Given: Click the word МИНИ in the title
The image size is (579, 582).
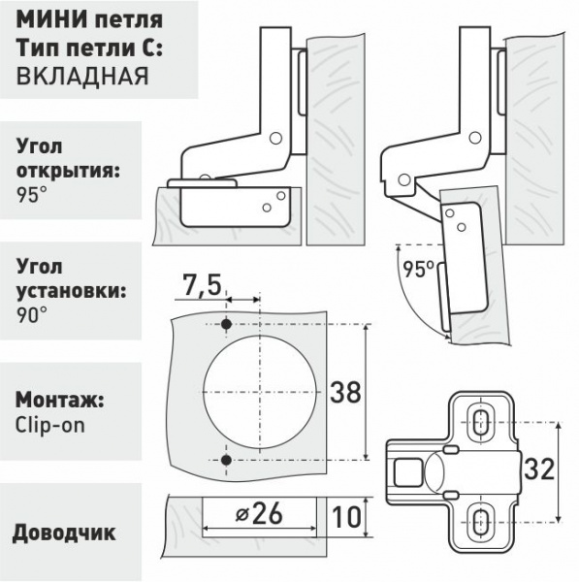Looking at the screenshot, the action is (50, 19).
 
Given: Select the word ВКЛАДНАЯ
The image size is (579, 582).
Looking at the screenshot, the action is (82, 77).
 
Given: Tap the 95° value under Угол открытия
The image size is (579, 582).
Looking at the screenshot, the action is (32, 194).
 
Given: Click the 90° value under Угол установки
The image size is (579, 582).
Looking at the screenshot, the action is (32, 315).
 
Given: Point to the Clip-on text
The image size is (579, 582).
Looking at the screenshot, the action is (50, 425).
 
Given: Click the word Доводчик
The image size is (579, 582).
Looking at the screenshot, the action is (64, 533).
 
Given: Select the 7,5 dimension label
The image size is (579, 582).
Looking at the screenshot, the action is (203, 285).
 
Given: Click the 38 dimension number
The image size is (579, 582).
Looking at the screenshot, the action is (345, 392).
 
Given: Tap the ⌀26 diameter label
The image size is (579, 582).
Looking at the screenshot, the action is (259, 514).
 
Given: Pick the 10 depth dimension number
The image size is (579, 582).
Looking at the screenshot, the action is (346, 517).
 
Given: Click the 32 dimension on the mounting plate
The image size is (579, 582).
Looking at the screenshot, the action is (539, 469).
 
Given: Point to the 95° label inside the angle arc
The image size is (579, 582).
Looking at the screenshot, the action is (419, 269).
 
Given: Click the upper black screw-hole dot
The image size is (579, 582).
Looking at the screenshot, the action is (226, 324).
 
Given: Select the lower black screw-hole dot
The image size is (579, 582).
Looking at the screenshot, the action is (226, 460).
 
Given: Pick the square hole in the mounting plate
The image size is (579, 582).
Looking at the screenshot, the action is (408, 472).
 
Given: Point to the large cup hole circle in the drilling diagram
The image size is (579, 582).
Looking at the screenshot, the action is (204, 392).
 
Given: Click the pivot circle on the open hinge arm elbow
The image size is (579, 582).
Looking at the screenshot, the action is (473, 138).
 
